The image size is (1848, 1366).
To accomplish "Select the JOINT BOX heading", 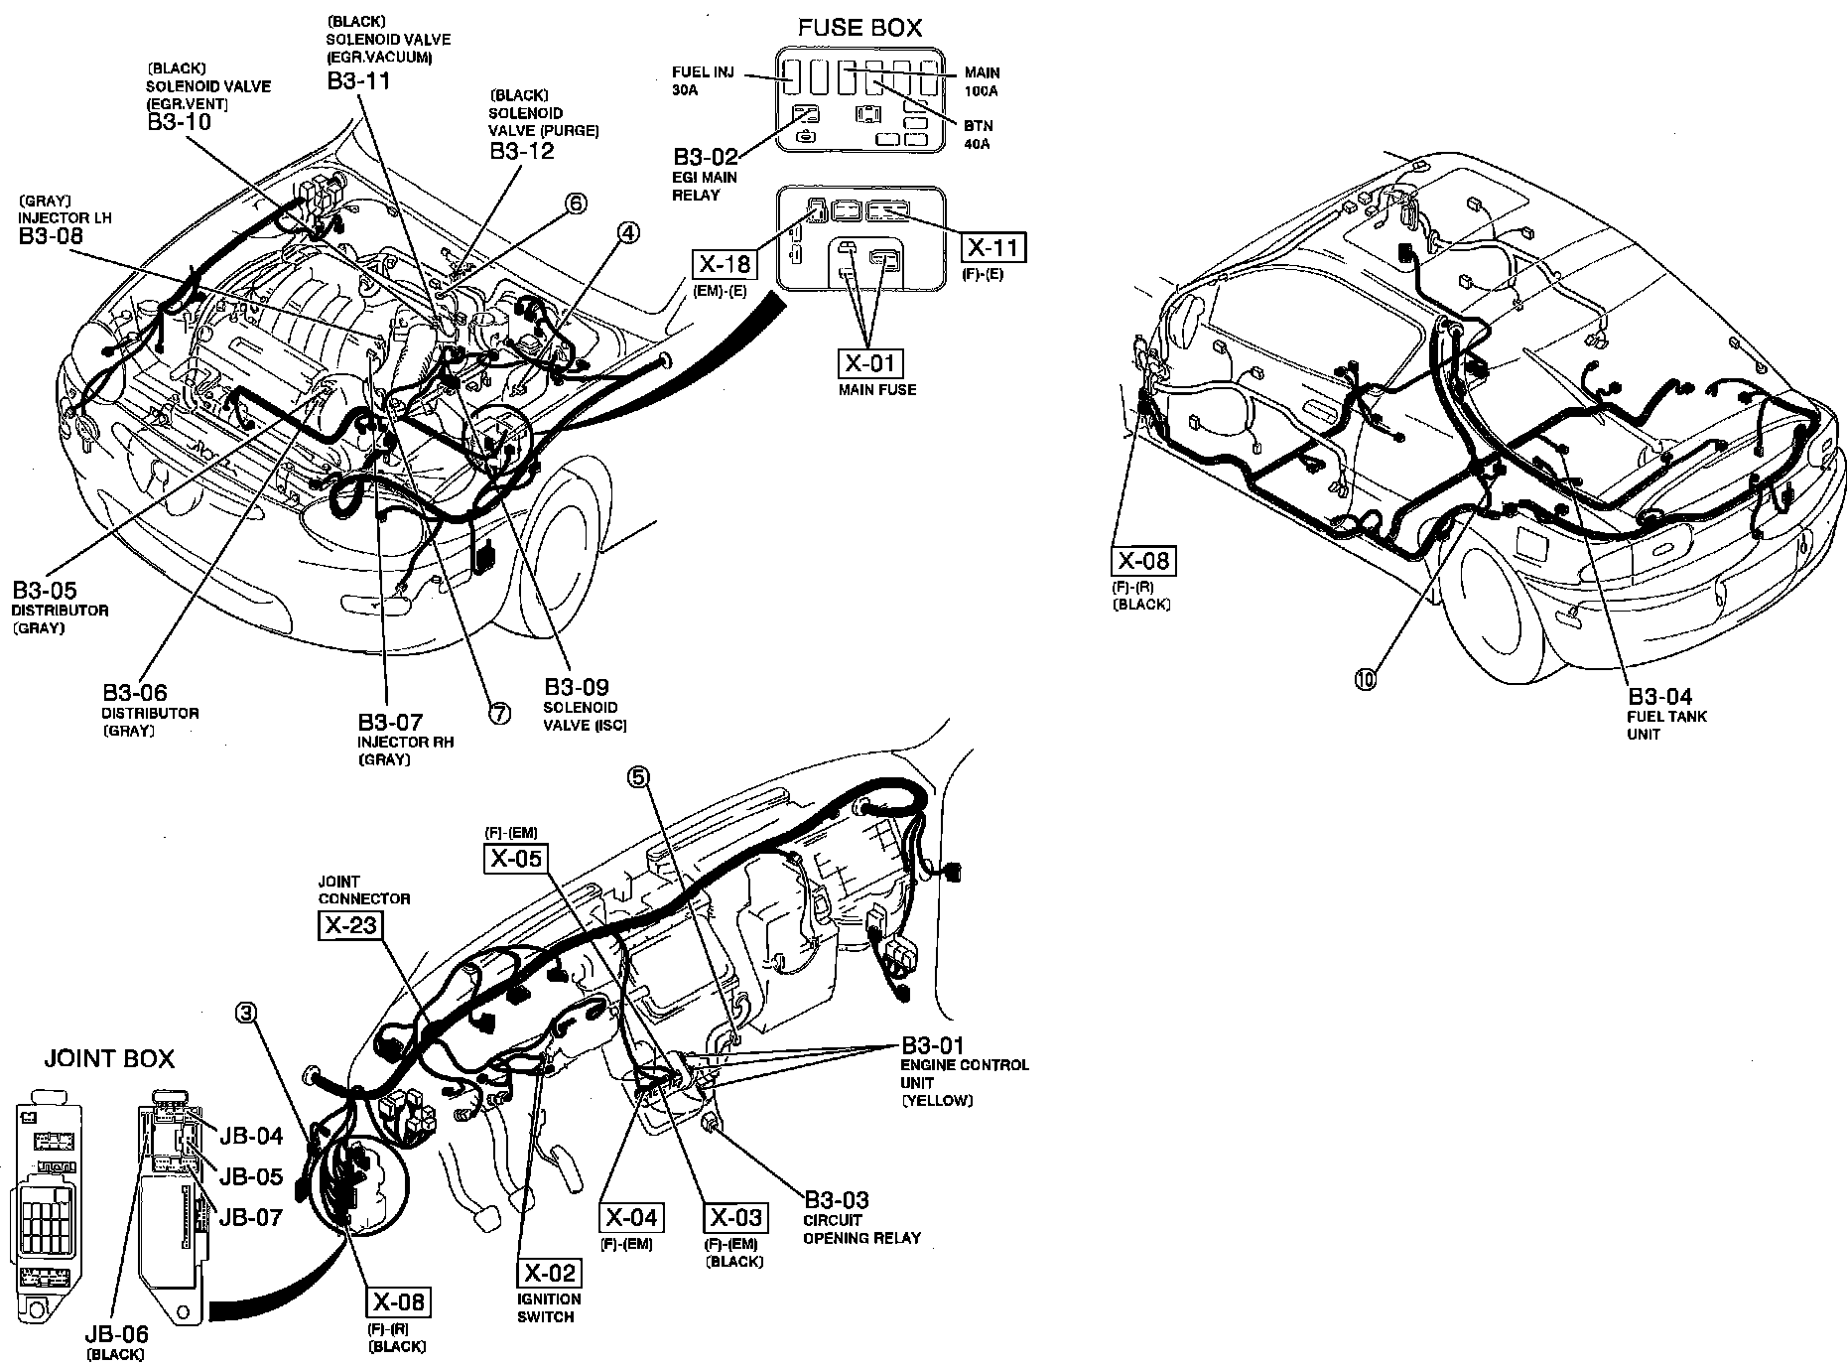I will pos(109,1058).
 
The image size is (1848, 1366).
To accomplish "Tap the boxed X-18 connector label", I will pos(724,264).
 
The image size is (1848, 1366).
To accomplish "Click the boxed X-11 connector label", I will pos(993,247).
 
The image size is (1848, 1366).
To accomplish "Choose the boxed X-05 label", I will pos(515,857).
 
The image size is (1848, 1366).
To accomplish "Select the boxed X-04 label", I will pos(631,1217).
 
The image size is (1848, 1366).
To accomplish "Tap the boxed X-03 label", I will pos(733,1217).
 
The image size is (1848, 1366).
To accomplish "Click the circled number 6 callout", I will pos(576,204).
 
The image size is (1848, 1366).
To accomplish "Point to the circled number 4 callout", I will pos(627,232).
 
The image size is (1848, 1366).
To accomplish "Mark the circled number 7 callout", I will pos(499,713).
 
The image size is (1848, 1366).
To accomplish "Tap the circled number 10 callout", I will pos(1366,679).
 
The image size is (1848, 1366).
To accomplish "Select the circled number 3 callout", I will pos(247,1012).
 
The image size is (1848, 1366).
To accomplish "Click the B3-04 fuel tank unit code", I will pos(1659,696).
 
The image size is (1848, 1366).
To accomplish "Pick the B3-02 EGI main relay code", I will pos(706,157).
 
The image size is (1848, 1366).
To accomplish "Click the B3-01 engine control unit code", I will pos(932,1045).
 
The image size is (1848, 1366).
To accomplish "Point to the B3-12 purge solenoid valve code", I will pos(522,151).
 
